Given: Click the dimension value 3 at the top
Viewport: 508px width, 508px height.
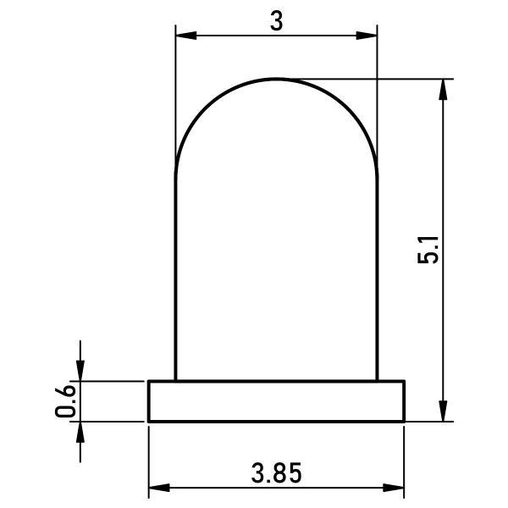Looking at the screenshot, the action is pos(276,22).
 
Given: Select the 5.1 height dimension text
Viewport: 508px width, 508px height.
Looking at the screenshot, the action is pos(428,250).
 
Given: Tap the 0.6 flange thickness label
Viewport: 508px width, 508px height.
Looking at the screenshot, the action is pos(65,400).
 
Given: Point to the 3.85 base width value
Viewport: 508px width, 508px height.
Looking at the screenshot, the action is pos(276,472).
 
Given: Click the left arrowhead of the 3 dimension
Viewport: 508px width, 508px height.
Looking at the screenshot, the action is pos(186,36).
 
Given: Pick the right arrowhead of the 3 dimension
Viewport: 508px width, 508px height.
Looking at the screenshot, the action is pos(367,36).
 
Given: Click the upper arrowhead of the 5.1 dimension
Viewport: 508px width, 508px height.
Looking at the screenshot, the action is pos(443,90).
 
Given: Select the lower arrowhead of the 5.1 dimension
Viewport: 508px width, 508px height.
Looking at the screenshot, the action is pos(443,411).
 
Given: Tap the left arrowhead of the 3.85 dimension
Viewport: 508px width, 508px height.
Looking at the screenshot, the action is pos(159,488).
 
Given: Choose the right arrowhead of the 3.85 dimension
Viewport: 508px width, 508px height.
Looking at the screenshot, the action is pos(394,488).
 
